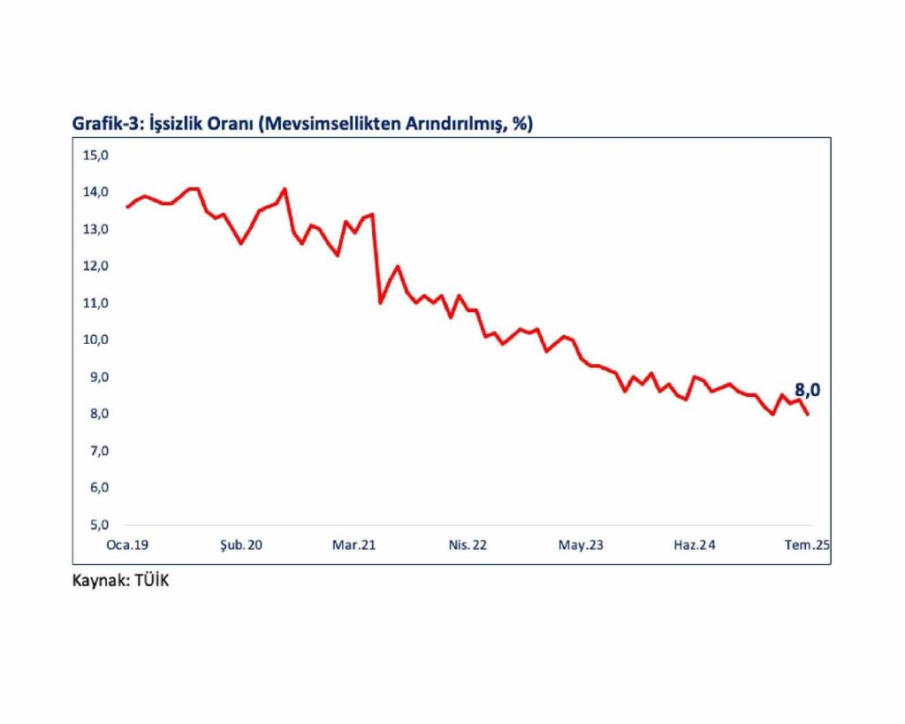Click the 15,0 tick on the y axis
pyautogui.click(x=95, y=156)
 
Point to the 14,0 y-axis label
pyautogui.click(x=95, y=193)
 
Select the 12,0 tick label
pyautogui.click(x=95, y=266)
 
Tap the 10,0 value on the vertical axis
pyautogui.click(x=95, y=340)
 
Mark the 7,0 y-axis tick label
pyautogui.click(x=96, y=451)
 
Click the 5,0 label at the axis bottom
pyautogui.click(x=96, y=524)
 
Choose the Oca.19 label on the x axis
pyautogui.click(x=127, y=546)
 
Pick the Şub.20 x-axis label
pyautogui.click(x=240, y=546)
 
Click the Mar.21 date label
pyautogui.click(x=354, y=546)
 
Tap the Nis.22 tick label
pyautogui.click(x=468, y=546)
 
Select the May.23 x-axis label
pyautogui.click(x=581, y=546)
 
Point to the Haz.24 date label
pyautogui.click(x=695, y=546)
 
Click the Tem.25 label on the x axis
pyautogui.click(x=808, y=546)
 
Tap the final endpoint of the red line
pyautogui.click(x=808, y=414)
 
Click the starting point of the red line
pyautogui.click(x=127, y=207)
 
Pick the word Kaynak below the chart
pyautogui.click(x=98, y=582)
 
